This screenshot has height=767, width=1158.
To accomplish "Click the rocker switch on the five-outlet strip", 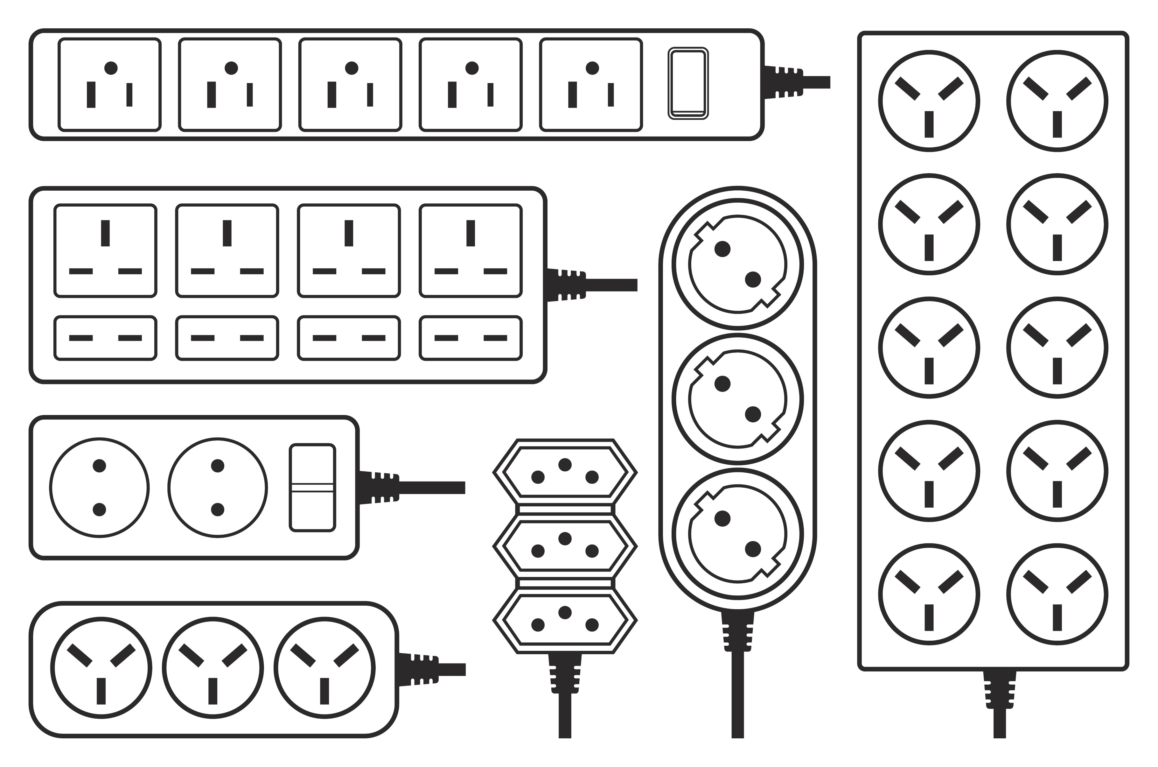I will pos(688,84).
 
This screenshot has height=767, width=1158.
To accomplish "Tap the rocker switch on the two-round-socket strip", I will pos(312,487).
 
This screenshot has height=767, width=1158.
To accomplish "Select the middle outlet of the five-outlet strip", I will pos(350,85).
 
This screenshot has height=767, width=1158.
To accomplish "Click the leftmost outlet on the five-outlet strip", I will pos(109,85).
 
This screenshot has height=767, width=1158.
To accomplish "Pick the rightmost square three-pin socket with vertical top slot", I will pos(471,250).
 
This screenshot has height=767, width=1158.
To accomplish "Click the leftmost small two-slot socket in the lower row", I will pos(105,338).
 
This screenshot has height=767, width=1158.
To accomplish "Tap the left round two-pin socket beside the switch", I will pos(99,488).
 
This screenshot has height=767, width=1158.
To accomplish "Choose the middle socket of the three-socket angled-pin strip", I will pos(213,669).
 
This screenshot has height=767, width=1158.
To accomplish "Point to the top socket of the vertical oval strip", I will pos(738,264).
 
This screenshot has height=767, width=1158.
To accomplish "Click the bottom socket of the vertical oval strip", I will pos(738,534).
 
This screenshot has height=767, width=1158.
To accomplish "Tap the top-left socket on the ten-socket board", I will pos(929,101).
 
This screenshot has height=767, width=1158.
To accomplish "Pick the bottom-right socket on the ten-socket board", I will pos(1057,594).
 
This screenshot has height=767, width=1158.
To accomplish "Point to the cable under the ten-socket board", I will pos(1000,724).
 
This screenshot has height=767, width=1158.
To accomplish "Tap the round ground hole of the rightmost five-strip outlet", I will pos(592,68).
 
